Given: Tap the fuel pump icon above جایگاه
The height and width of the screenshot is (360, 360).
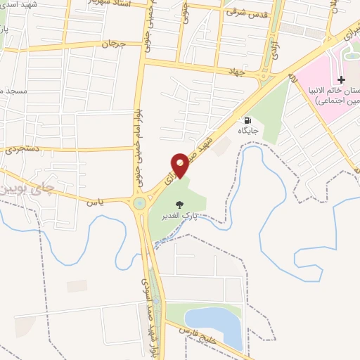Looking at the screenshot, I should click(247, 120).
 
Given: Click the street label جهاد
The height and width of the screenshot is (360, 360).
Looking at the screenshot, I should click(234, 72).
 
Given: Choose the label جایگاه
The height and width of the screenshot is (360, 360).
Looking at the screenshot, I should click(247, 131).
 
